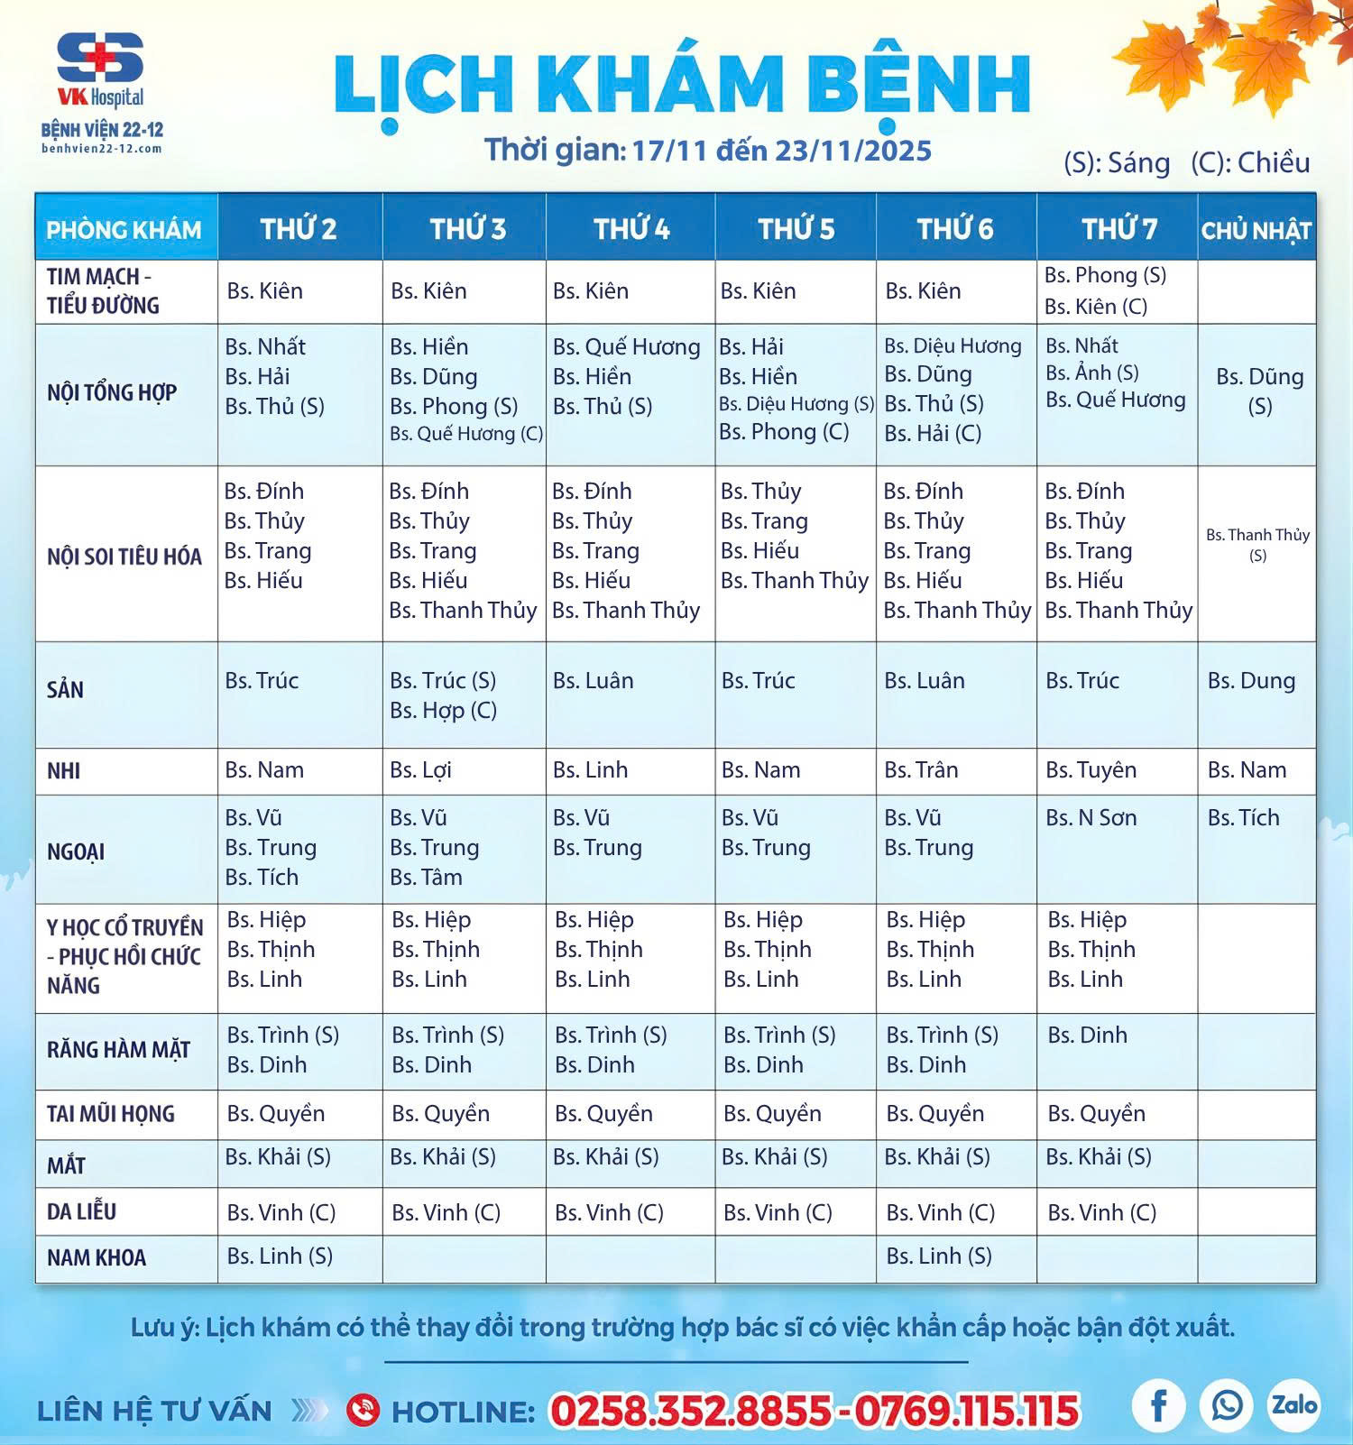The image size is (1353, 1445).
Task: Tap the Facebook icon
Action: point(1158,1404)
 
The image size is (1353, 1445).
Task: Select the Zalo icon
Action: point(1294,1404)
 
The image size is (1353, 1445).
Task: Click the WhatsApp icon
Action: point(1226,1404)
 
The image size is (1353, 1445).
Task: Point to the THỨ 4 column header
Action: point(630,229)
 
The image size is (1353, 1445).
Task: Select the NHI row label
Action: point(64,771)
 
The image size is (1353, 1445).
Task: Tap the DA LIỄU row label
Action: point(81,1211)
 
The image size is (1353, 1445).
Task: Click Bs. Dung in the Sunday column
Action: point(1251,681)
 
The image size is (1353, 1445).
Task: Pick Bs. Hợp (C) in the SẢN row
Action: point(443,711)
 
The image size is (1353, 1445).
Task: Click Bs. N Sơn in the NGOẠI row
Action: point(1091,818)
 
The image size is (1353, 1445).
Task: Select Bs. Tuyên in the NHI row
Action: point(1091,770)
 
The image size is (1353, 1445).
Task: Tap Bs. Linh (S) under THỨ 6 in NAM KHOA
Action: point(938,1256)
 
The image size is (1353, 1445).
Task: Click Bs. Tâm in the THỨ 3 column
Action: point(426,877)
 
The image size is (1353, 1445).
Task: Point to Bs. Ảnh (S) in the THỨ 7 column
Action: point(1091,373)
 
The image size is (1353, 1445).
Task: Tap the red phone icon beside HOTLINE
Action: point(363,1409)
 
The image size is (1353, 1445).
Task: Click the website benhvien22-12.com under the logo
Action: point(101,149)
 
